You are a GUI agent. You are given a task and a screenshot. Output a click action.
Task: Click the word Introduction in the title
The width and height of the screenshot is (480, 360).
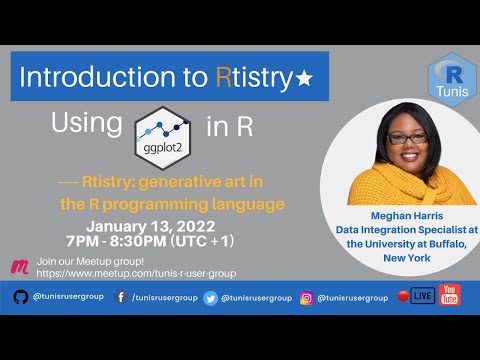click(x=83, y=77)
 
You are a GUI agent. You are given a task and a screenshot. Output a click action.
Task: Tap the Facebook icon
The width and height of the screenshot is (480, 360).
click(x=120, y=297)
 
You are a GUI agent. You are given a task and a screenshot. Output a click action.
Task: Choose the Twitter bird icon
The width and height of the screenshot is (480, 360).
click(x=211, y=297)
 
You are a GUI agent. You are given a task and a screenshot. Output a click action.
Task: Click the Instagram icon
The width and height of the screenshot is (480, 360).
click(x=307, y=297)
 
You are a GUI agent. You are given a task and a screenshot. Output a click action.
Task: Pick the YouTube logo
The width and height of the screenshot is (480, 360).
click(x=450, y=296)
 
